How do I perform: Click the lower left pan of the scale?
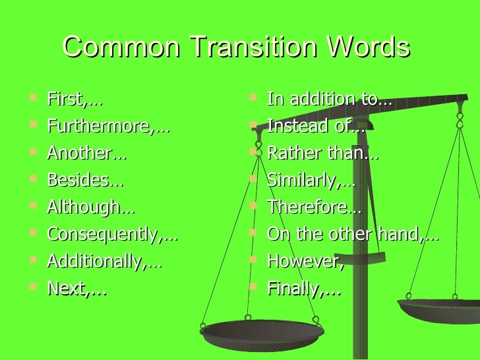pyautogui.click(x=261, y=332)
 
